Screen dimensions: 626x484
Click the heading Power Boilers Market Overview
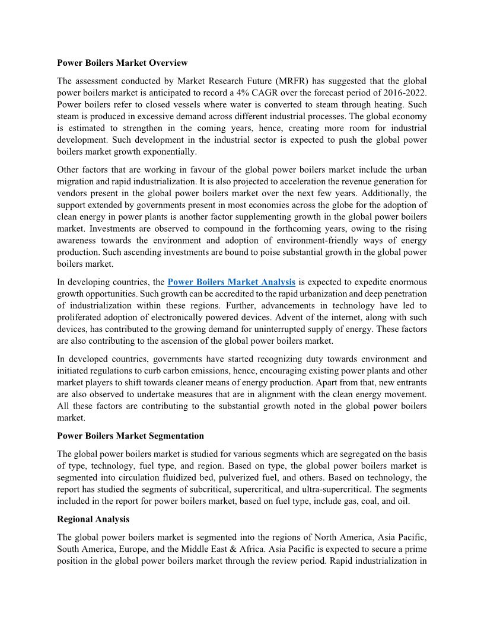click(122, 62)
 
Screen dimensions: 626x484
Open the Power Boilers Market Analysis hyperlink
click(231, 282)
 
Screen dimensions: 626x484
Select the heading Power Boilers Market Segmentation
click(130, 436)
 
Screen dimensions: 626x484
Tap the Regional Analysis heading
click(93, 519)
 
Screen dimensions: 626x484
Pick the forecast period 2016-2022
click(403, 92)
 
